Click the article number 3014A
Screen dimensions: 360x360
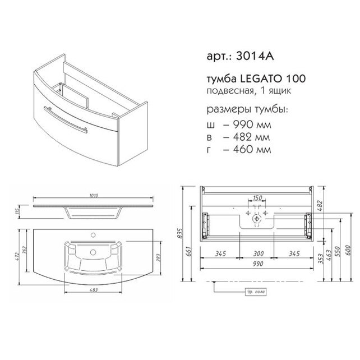(x=255, y=56)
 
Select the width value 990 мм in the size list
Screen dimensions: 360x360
(x=252, y=124)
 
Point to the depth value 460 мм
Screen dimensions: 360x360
(x=252, y=150)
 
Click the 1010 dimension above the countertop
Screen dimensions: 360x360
(x=93, y=196)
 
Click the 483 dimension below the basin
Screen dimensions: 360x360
(x=94, y=290)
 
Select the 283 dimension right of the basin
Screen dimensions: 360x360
(x=159, y=257)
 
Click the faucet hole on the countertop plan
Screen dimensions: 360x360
(x=93, y=235)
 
